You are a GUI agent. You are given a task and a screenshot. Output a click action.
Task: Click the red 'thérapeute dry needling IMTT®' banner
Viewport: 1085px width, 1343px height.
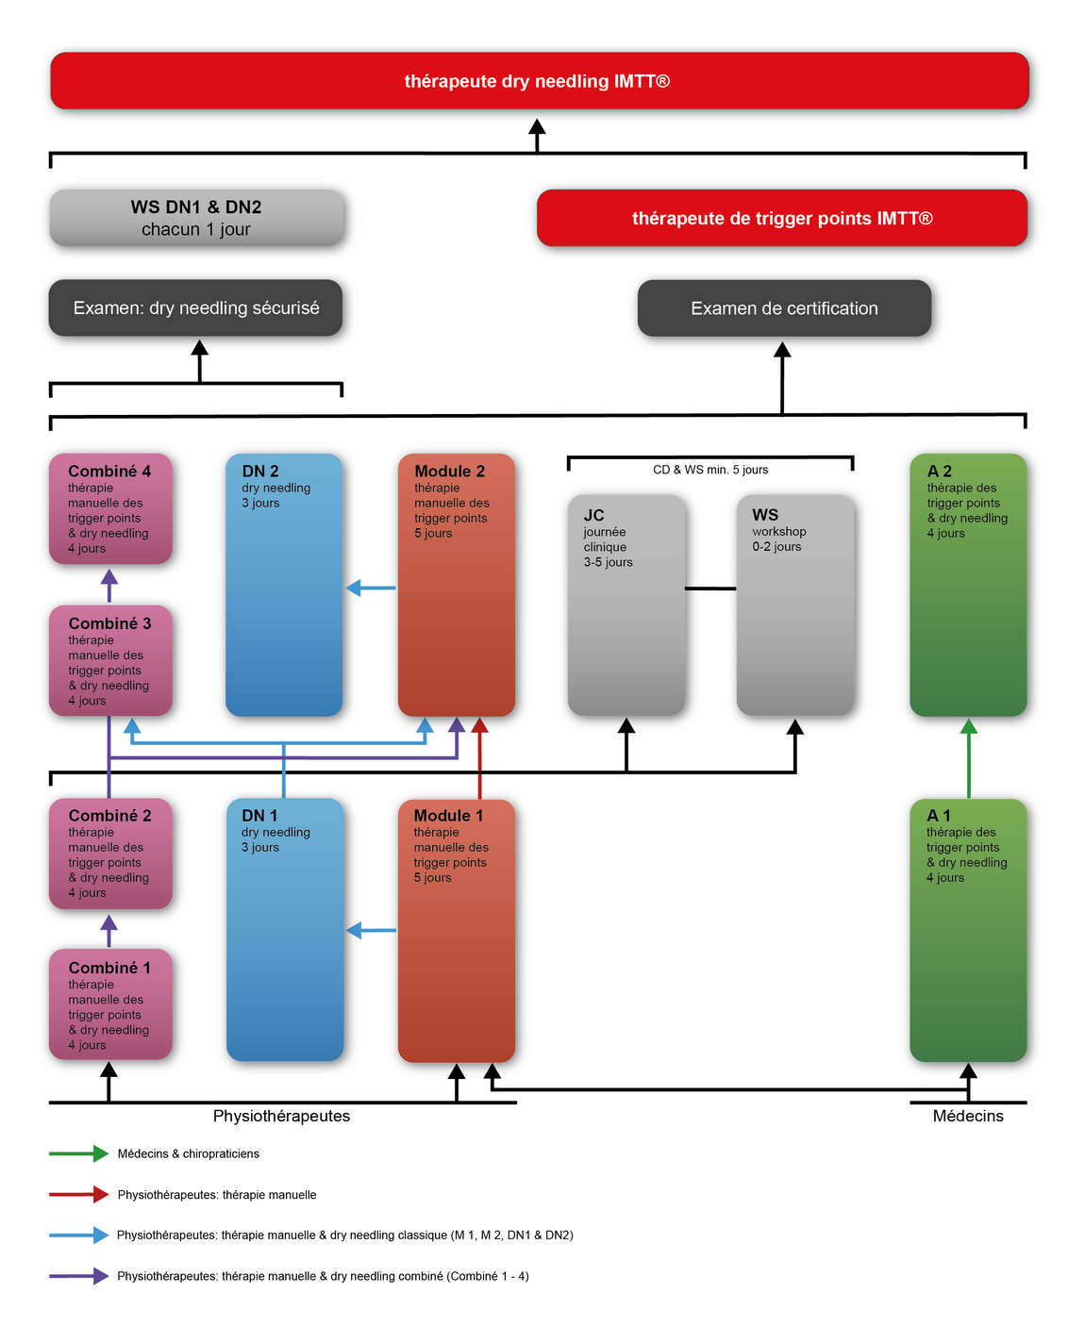pyautogui.click(x=540, y=81)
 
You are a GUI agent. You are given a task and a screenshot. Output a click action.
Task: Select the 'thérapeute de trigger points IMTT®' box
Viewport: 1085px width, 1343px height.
pyautogui.click(x=781, y=218)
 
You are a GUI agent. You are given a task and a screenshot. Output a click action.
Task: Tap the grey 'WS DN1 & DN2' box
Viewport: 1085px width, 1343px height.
pyautogui.click(x=196, y=218)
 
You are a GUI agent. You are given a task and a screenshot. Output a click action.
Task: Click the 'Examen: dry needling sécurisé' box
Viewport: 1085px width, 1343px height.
pyautogui.click(x=195, y=307)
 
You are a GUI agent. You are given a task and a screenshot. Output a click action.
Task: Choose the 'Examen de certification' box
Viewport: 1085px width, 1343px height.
pyautogui.click(x=784, y=308)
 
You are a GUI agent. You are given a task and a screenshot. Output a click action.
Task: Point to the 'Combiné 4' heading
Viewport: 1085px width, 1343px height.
pyautogui.click(x=109, y=471)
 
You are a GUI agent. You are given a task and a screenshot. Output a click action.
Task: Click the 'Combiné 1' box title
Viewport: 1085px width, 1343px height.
pyautogui.click(x=109, y=968)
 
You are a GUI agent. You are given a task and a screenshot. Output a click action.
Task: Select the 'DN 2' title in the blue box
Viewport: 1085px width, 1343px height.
pyautogui.click(x=259, y=471)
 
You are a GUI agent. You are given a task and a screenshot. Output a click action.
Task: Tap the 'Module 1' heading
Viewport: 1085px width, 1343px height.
pyautogui.click(x=448, y=815)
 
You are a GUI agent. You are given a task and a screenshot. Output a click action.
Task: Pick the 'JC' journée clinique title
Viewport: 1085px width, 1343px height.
pyautogui.click(x=593, y=515)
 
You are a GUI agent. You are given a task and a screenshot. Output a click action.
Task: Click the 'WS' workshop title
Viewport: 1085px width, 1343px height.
pyautogui.click(x=765, y=515)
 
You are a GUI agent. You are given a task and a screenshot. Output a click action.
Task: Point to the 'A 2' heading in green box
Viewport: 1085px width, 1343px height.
pyautogui.click(x=940, y=471)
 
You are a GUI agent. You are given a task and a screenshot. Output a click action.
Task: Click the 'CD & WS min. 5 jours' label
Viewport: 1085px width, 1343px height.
pyautogui.click(x=710, y=470)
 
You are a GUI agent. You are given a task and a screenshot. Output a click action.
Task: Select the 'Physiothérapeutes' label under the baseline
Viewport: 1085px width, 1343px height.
pyautogui.click(x=281, y=1116)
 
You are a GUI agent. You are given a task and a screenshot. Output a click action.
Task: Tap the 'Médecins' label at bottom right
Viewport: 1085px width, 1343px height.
pyautogui.click(x=968, y=1116)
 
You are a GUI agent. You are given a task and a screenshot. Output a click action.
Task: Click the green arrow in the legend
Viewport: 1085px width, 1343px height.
pyautogui.click(x=79, y=1153)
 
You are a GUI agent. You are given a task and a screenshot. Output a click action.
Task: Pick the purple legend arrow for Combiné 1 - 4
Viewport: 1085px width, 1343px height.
pyautogui.click(x=79, y=1276)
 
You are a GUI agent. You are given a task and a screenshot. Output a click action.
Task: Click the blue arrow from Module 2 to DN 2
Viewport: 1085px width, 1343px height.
pyautogui.click(x=371, y=588)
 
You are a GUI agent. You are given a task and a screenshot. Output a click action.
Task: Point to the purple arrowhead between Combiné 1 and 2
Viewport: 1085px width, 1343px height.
pyautogui.click(x=109, y=923)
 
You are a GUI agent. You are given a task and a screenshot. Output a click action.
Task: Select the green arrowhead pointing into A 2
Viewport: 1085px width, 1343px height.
pyautogui.click(x=968, y=727)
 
